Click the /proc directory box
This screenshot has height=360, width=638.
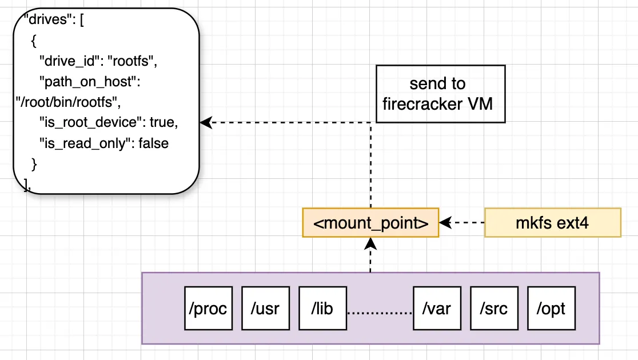tap(208, 309)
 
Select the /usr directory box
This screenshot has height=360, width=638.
tap(265, 309)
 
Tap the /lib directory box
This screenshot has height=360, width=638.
tap(322, 309)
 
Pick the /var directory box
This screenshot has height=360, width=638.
tap(437, 309)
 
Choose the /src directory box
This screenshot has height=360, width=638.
tap(494, 309)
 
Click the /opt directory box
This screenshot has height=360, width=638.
tap(551, 309)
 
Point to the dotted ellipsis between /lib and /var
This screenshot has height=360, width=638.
tap(380, 313)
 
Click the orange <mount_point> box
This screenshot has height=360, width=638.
tap(370, 222)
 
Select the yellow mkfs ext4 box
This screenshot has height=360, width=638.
tap(552, 222)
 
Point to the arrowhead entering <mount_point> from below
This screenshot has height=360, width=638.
tap(370, 243)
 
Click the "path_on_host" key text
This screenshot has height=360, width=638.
tap(89, 82)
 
